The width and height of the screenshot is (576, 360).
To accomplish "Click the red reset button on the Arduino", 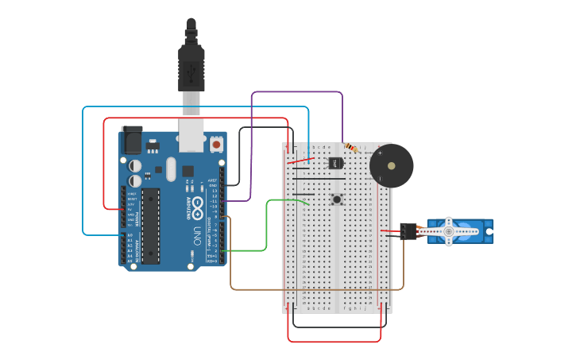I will (216, 145).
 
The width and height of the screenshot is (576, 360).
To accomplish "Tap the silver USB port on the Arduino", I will (191, 135).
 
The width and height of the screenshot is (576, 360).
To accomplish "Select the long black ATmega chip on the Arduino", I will (150, 226).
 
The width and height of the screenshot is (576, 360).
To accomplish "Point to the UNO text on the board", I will (197, 236).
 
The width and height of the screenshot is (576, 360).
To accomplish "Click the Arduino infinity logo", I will (196, 208).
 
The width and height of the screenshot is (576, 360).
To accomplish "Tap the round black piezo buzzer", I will (391, 165).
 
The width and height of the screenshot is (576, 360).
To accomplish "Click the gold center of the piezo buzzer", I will (391, 166).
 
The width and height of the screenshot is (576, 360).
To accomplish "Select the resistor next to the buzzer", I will (350, 148).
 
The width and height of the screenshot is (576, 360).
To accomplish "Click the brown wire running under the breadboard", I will (318, 289).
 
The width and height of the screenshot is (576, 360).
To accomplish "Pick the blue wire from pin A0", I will (83, 175).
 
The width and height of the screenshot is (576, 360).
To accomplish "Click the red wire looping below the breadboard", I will (334, 342).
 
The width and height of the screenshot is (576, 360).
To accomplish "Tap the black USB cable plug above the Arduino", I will (191, 68).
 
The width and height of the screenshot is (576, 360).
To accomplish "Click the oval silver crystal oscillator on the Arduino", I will (170, 168).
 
